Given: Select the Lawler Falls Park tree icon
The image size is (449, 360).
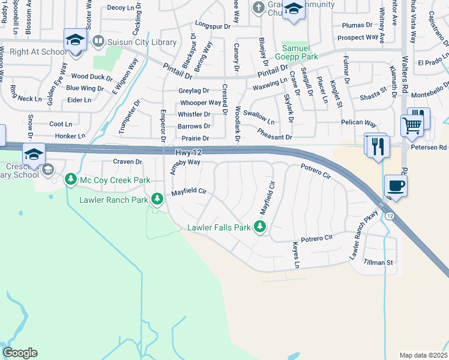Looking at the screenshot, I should pos(260,227).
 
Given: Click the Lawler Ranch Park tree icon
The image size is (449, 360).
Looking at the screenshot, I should pos(157,197).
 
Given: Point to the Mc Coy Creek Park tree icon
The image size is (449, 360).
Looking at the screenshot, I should pos(70,179).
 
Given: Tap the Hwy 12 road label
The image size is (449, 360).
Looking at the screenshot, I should pos(188,153).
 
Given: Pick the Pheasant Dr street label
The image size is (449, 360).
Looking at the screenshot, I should pos(274,137).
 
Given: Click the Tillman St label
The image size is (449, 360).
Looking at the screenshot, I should pos(381,262).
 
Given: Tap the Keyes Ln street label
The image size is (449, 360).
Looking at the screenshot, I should pos(295,254).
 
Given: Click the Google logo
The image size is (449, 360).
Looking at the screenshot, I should pos(20,353).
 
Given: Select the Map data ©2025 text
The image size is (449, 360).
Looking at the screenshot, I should pos(423,355).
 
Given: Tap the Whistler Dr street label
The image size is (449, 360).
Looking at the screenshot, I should pos(194,114).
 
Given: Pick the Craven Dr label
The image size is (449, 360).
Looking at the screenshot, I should pos(127,162).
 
